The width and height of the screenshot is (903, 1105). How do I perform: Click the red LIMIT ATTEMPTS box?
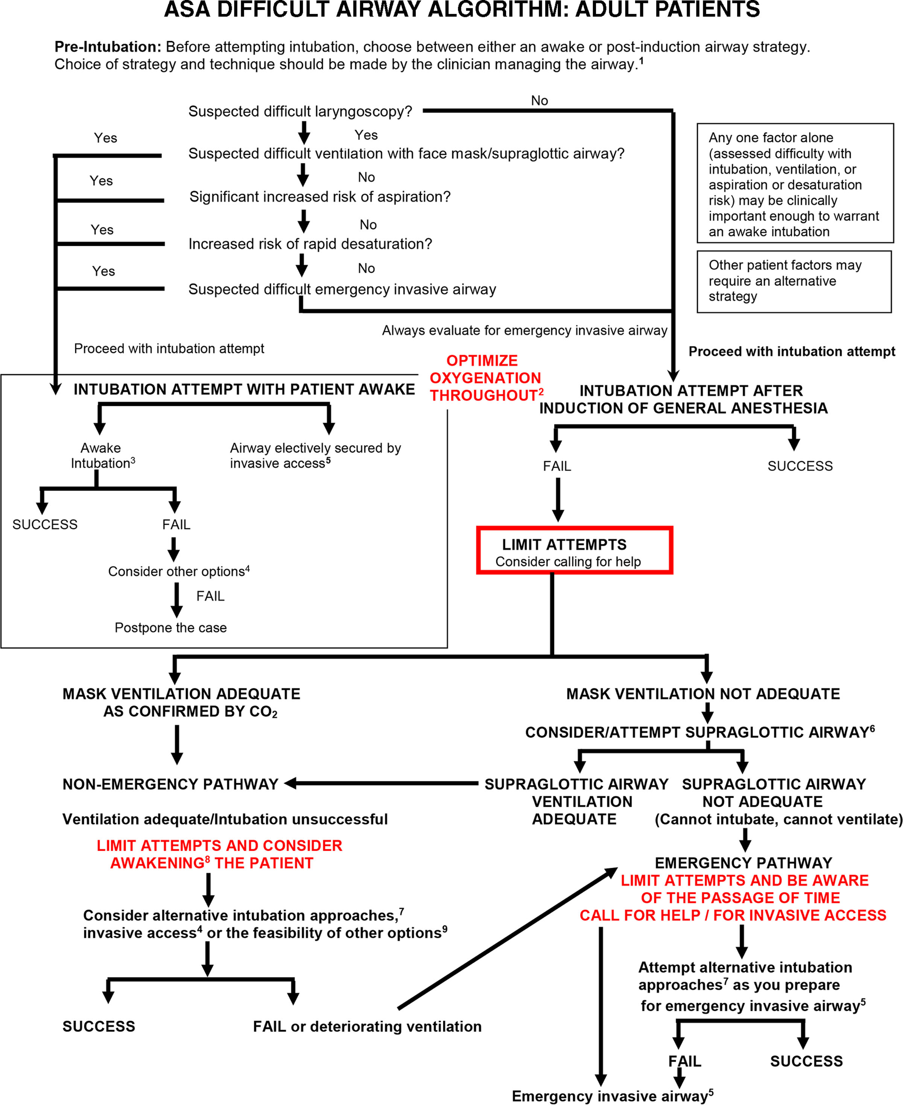point(574,550)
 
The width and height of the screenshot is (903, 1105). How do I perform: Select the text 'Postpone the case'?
point(170,628)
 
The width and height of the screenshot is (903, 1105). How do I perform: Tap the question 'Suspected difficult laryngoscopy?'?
point(300,111)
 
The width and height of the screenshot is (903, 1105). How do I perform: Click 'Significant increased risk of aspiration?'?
point(320,197)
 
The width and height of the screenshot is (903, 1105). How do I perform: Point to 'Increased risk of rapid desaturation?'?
point(310,244)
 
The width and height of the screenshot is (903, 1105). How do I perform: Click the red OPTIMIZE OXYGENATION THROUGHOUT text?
point(486,378)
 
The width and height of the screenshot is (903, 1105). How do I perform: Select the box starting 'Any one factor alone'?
point(794,183)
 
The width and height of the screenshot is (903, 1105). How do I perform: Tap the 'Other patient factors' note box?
point(794,281)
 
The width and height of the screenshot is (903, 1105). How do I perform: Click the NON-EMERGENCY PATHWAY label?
point(170,784)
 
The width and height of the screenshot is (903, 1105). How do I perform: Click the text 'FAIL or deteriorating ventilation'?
point(367,1026)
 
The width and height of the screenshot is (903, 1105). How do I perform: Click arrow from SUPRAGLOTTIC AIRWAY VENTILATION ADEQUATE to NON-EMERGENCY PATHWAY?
point(382,783)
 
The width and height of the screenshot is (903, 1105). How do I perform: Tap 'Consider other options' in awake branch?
point(178,572)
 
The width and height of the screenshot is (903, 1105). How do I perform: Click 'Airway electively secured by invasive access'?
point(315,456)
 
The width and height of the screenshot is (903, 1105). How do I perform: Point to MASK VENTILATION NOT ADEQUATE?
point(703,694)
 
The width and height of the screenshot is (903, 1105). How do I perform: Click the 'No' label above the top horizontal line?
point(540,101)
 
